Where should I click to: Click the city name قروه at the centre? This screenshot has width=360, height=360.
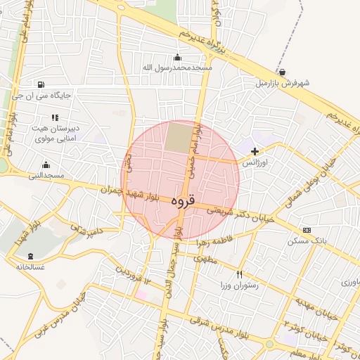point(181,201)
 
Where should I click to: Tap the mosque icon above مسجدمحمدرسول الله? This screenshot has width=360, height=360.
point(176,58)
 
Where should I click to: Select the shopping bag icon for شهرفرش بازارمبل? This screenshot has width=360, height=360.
point(282,72)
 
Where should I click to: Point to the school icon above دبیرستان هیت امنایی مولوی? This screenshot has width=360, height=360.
point(54,118)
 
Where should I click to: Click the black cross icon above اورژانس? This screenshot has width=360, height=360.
point(255,150)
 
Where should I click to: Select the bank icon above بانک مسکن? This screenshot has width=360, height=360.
point(307,230)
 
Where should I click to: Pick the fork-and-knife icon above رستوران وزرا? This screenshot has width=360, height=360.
point(240,275)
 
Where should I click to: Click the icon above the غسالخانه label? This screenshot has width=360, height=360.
point(30,257)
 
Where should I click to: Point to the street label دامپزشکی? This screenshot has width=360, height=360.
point(85,229)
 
